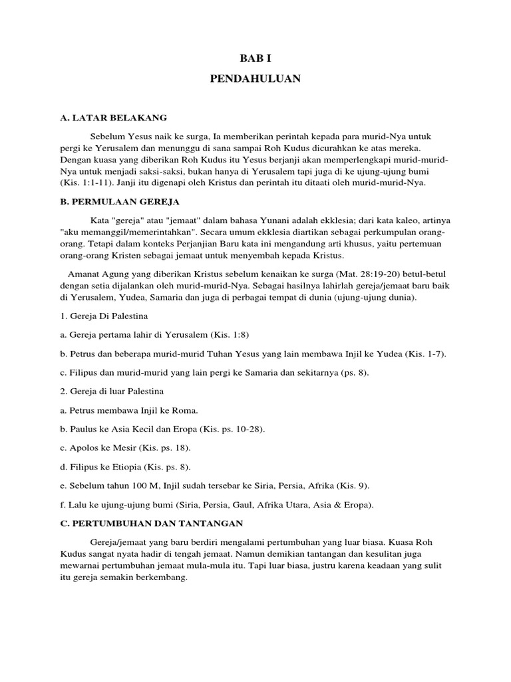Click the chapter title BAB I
pyautogui.click(x=255, y=58)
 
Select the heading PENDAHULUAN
pyautogui.click(x=255, y=79)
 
